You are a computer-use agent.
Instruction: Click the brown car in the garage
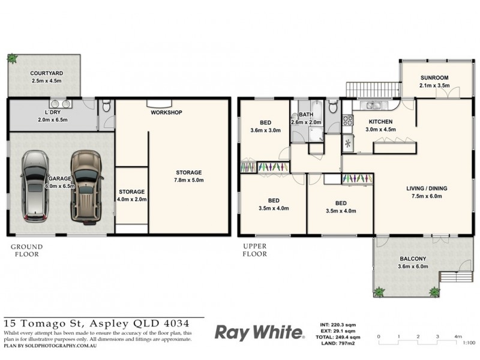[84, 186]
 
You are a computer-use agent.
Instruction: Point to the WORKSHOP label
[166, 112]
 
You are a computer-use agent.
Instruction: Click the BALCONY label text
[414, 260]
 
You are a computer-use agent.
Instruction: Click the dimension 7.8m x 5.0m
[188, 179]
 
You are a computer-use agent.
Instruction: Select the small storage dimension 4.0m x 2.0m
[132, 199]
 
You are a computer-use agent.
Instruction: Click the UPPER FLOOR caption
[254, 250]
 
